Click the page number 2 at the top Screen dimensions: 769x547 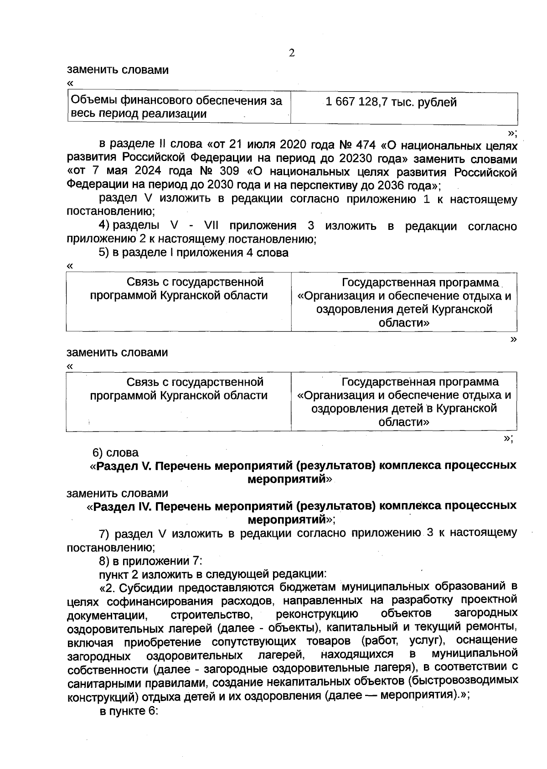point(292,53)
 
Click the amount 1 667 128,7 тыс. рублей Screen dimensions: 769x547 point(391,102)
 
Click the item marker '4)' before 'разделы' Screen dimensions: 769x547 point(104,226)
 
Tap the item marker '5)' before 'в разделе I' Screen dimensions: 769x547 point(104,252)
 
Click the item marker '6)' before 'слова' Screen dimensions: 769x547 point(98,453)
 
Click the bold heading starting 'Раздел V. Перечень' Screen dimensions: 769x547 point(303,472)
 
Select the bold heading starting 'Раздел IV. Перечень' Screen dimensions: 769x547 point(302,513)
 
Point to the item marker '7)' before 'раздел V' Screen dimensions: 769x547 point(105,533)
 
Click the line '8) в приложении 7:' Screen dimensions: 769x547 point(150,560)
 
